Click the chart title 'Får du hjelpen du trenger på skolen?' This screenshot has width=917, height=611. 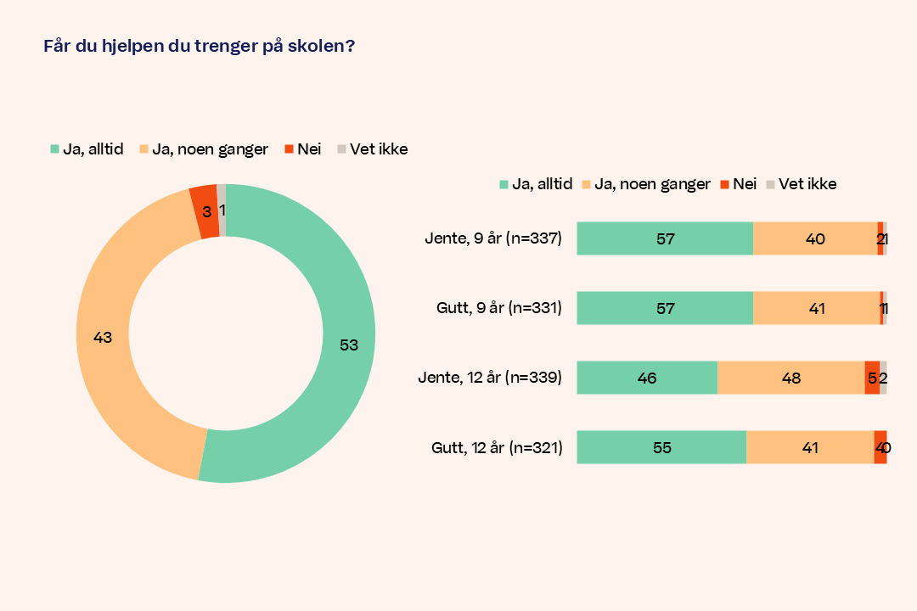coord(199,47)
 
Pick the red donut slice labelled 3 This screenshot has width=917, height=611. coord(204,211)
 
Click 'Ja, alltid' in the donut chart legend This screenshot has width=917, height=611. coord(87,149)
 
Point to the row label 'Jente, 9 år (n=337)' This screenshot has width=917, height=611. coord(493,238)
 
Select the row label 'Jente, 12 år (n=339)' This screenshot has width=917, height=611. coord(490,378)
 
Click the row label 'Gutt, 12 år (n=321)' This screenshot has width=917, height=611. coord(497,447)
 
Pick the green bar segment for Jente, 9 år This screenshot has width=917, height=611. coord(665,238)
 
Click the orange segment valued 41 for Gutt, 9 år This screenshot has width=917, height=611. coord(816,308)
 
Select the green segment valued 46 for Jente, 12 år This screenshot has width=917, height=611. coord(647,378)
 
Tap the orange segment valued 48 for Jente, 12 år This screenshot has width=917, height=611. coord(790,378)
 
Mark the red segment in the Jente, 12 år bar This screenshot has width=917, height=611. coord(872,378)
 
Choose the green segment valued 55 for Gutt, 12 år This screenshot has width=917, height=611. coord(661,447)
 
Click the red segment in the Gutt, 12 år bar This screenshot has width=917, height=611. coord(880,447)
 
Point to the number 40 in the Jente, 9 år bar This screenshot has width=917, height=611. coord(815,238)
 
